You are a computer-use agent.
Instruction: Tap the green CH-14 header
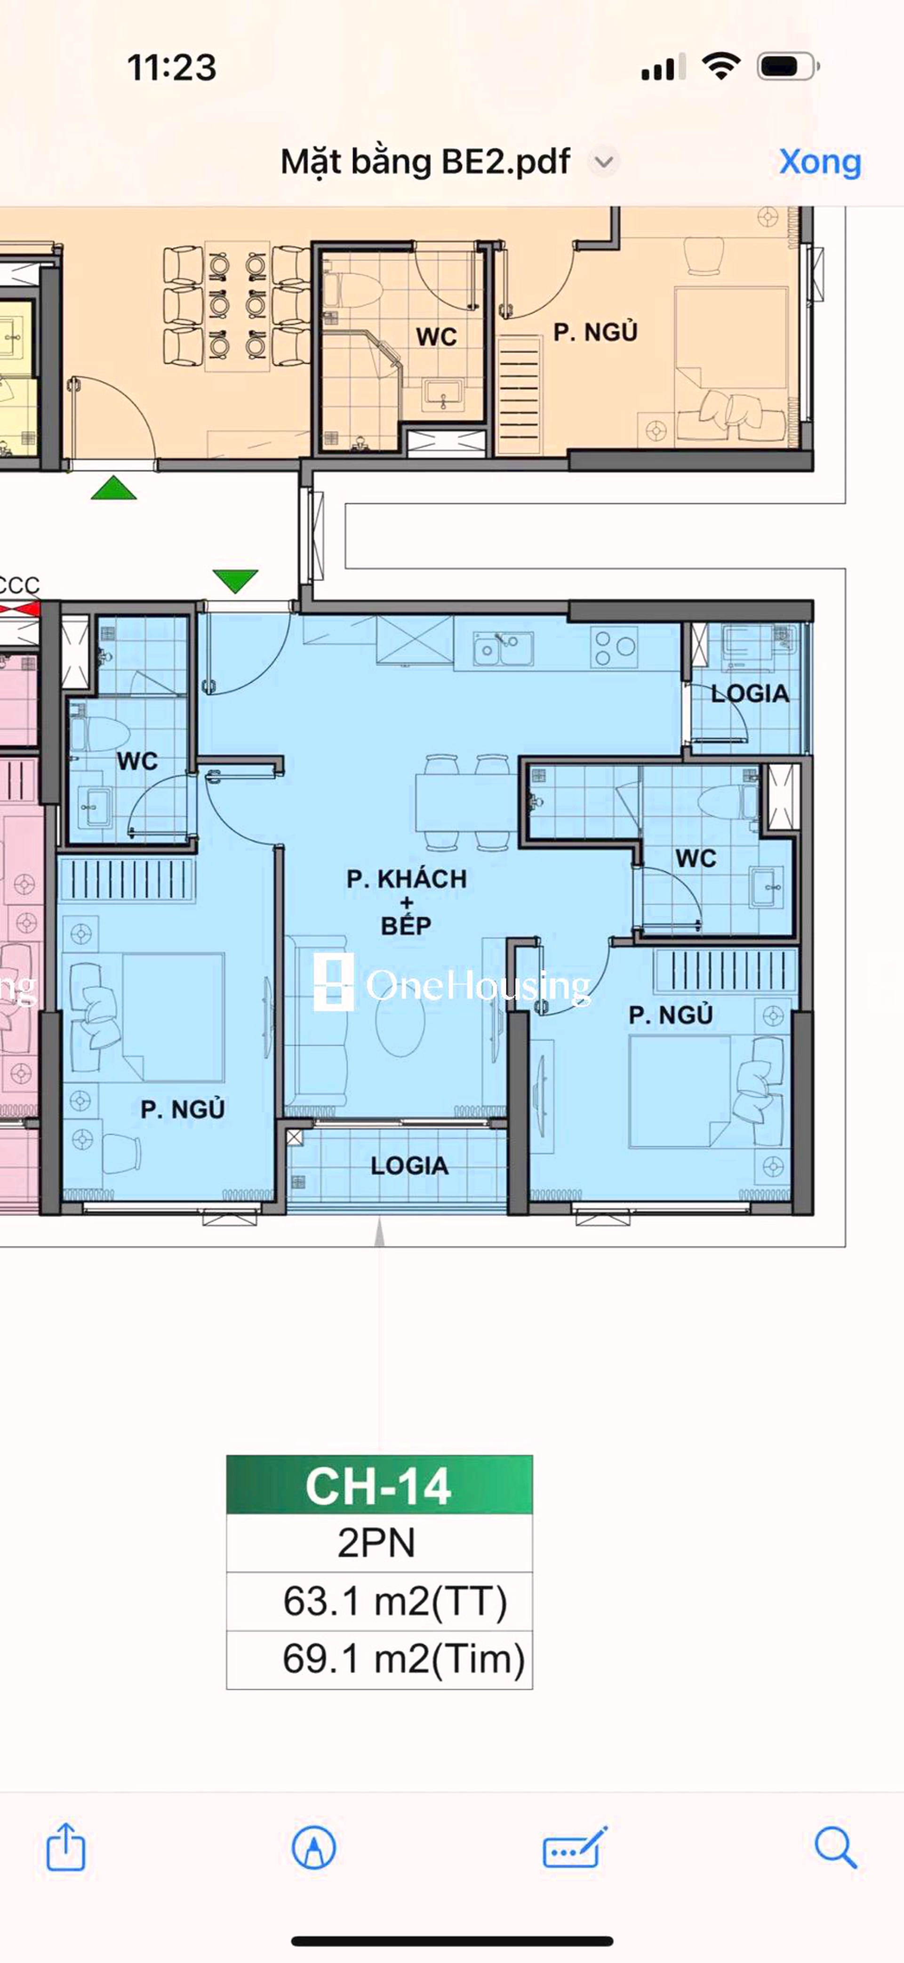coord(379,1485)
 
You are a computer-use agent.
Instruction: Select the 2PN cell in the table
coord(377,1543)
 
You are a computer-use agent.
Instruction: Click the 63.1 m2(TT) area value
coord(395,1601)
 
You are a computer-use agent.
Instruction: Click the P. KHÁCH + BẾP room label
coord(406,902)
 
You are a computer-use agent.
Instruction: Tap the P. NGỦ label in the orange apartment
coord(594,332)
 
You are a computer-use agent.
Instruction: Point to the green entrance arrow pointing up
coord(113,488)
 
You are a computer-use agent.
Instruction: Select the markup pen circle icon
coord(314,1847)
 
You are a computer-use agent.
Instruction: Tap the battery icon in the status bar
coord(787,67)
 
